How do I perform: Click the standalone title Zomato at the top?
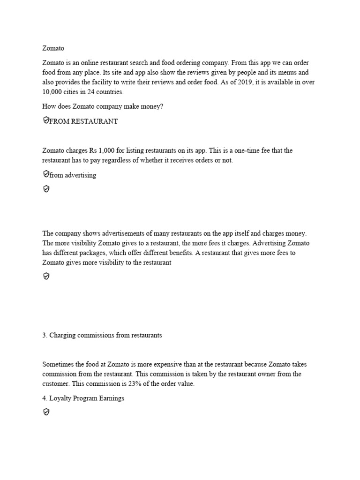tap(53, 48)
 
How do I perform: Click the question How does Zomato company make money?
tap(103, 106)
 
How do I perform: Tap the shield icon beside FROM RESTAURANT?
tap(46, 121)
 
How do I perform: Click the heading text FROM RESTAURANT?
tap(83, 121)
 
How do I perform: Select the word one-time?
tap(240, 150)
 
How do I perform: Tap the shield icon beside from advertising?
tap(46, 174)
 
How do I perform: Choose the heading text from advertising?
tap(73, 175)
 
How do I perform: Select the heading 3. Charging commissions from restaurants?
tap(102, 336)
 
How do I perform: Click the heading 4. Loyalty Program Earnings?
tap(83, 398)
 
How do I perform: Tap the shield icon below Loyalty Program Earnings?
tap(46, 412)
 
